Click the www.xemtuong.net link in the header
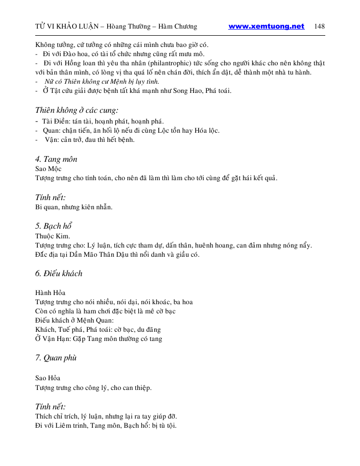pos(266,27)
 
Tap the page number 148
pos(320,27)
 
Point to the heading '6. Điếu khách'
pos(59,274)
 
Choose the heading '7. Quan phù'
pos(56,358)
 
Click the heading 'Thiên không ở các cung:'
pos(77,110)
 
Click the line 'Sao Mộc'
pos(49,169)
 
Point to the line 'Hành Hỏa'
pos(50,292)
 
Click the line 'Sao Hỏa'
pos(47,378)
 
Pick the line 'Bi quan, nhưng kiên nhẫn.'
pos(74,207)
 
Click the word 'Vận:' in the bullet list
pos(52,140)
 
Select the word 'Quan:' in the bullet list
pos(53,131)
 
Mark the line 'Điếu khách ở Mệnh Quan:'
pos(74,320)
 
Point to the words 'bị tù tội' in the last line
pos(162,425)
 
